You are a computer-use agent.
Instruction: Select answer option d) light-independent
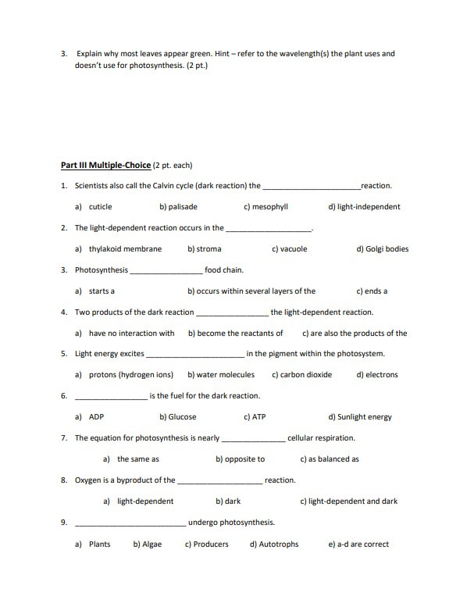click(364, 207)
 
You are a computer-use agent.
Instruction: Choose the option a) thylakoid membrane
click(119, 249)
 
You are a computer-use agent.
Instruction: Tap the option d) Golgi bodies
click(382, 249)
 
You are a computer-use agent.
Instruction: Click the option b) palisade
click(178, 207)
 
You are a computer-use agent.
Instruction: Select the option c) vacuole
click(289, 249)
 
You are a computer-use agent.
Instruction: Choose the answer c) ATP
click(255, 417)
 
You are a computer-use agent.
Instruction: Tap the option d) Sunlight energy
click(360, 417)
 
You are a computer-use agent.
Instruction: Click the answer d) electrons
click(377, 375)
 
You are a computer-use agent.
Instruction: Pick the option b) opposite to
click(240, 459)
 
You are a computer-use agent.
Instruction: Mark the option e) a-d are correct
click(358, 544)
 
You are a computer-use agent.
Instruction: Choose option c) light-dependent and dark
click(348, 501)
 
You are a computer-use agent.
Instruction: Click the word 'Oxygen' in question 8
click(88, 480)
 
